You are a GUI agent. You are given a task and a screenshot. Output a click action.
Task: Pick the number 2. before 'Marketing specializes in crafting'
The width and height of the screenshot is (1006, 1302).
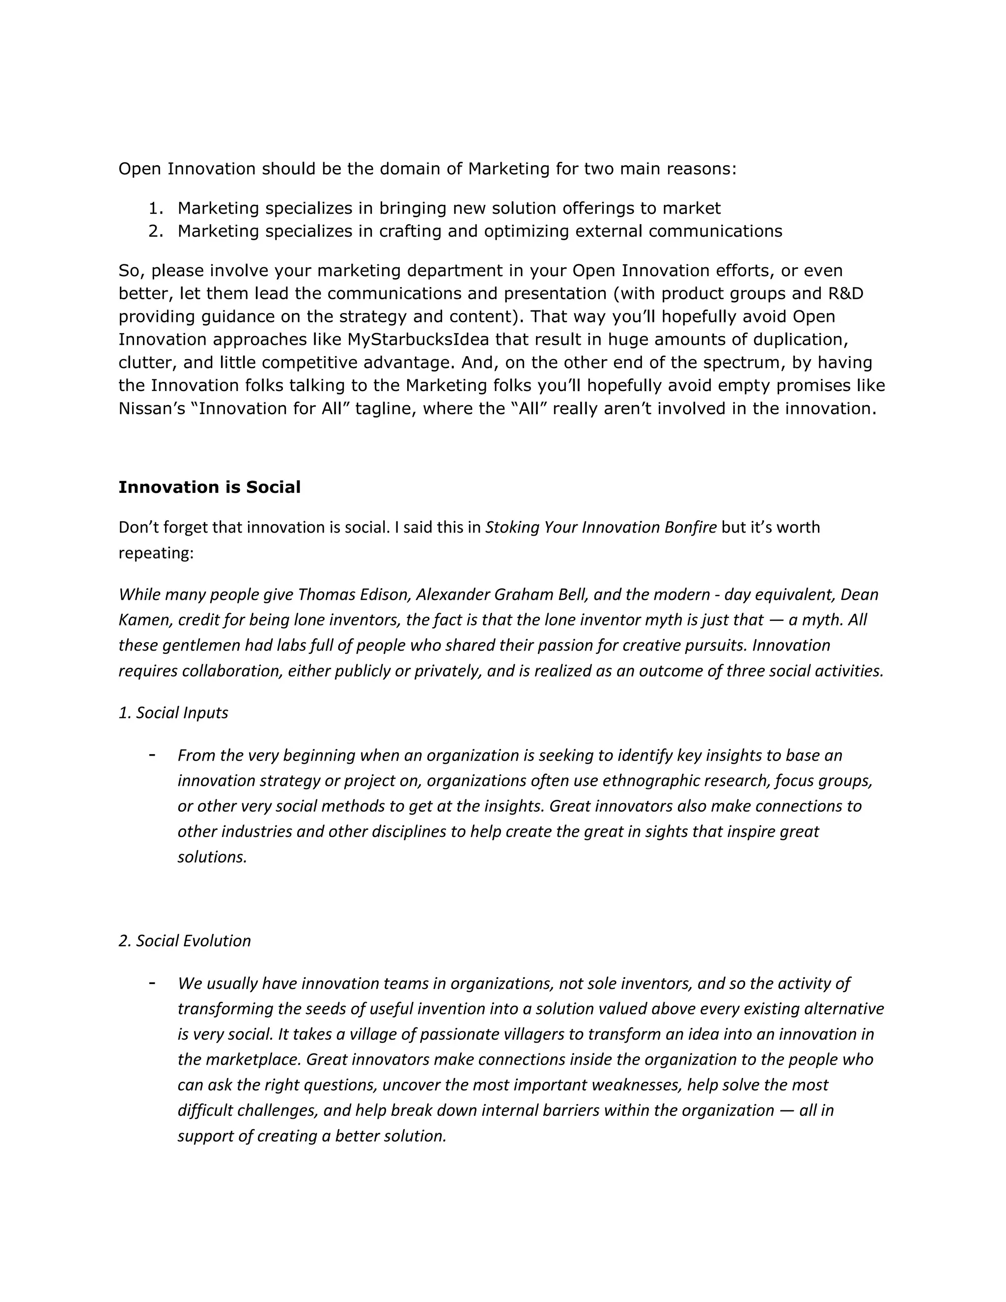[156, 231]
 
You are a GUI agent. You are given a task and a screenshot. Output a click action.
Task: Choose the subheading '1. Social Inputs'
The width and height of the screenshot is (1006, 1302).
[173, 712]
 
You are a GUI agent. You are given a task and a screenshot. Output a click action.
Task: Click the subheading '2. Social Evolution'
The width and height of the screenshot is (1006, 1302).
[185, 941]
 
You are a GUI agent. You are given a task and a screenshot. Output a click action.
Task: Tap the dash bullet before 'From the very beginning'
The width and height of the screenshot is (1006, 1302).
[153, 755]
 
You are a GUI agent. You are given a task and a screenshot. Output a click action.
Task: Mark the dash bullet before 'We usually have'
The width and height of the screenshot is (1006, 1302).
[153, 983]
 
